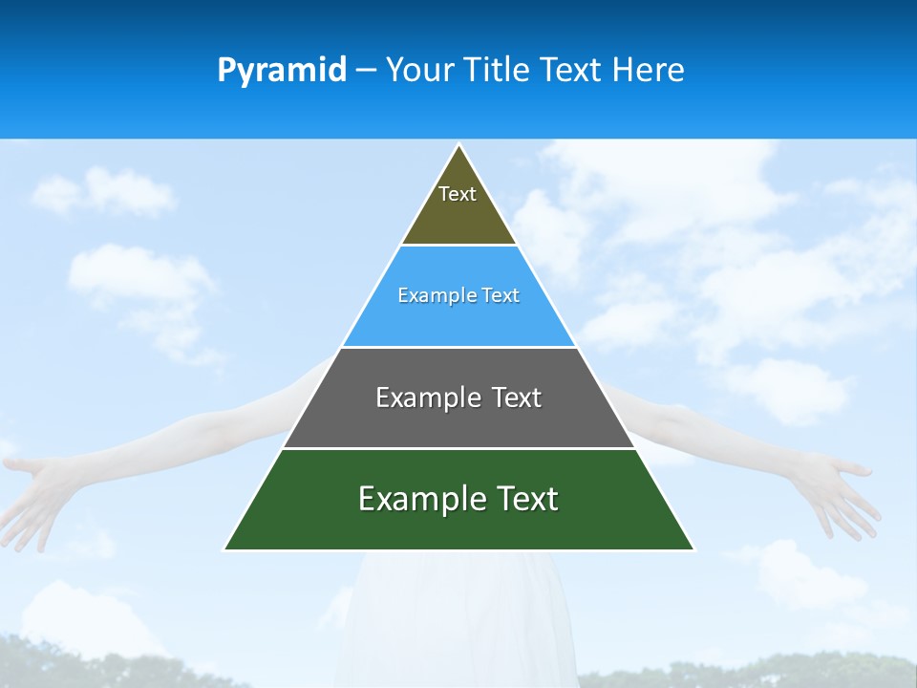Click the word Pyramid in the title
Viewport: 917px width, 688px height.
[282, 71]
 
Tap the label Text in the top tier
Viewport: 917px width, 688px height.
[458, 194]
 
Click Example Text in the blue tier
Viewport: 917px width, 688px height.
[458, 295]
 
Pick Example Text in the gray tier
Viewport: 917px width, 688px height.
[458, 398]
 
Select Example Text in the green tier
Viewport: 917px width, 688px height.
[458, 499]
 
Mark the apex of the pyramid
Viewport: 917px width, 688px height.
[459, 146]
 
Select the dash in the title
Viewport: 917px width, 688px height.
[366, 71]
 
